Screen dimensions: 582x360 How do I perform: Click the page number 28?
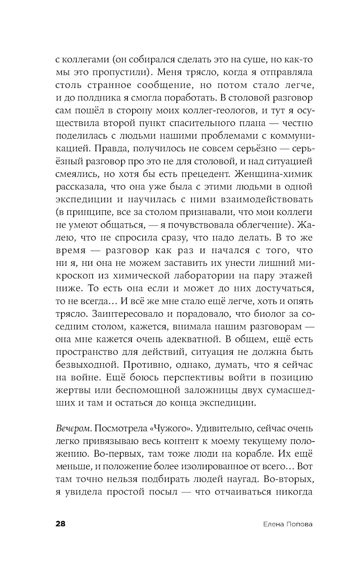60,524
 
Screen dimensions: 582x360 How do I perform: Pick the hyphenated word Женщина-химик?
274,174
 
